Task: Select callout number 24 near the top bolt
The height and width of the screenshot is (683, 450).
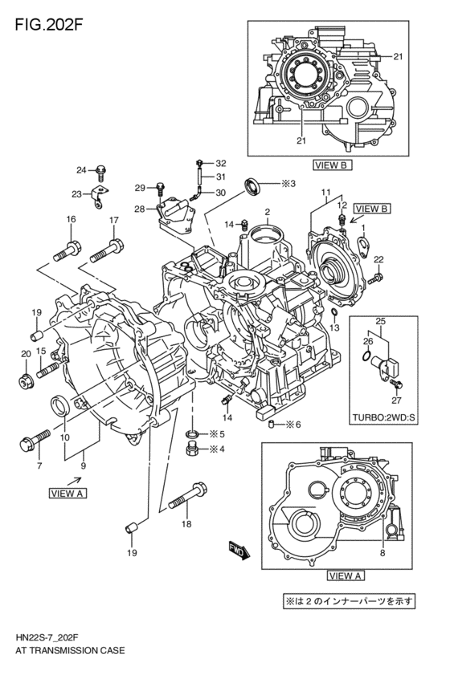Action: pyautogui.click(x=81, y=169)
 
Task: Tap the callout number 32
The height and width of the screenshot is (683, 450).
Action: pyautogui.click(x=221, y=163)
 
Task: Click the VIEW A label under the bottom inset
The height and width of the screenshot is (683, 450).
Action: pyautogui.click(x=347, y=575)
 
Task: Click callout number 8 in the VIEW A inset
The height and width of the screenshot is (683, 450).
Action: pyautogui.click(x=382, y=554)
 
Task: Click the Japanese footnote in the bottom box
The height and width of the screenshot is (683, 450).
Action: pyautogui.click(x=346, y=600)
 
